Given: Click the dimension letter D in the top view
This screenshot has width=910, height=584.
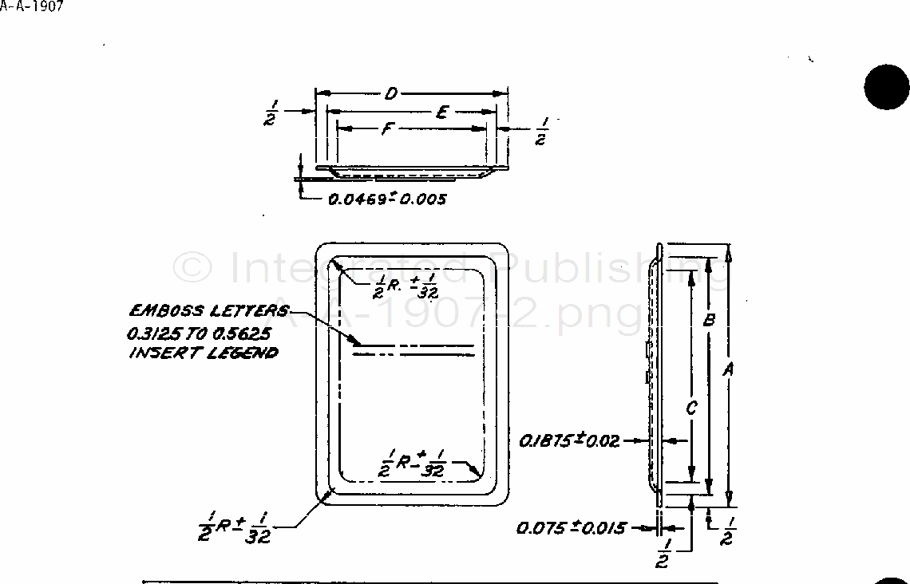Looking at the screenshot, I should point(391,94).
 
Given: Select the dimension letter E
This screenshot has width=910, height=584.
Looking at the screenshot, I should point(441,112).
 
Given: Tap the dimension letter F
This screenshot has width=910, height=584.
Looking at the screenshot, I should point(386,128).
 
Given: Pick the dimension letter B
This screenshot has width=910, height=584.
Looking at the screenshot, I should point(707,321).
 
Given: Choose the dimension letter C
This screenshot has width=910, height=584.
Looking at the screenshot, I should point(691,408).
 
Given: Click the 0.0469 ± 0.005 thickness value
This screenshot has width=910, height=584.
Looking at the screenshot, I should point(387,199).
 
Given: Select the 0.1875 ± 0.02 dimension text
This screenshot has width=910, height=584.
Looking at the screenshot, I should point(569,440).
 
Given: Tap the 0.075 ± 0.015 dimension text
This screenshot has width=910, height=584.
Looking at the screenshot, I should point(571,527).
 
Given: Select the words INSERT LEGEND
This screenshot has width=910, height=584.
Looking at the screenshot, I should point(204,353).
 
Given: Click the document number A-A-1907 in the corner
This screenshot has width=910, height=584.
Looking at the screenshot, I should point(32,6).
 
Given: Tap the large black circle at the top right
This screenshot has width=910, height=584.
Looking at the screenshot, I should point(886,87).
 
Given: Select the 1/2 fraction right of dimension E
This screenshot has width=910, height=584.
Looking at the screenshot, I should point(541,131).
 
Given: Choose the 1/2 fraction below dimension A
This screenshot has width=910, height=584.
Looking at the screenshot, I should point(727,531).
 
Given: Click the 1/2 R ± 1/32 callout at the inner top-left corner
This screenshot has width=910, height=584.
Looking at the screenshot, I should point(406,286).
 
